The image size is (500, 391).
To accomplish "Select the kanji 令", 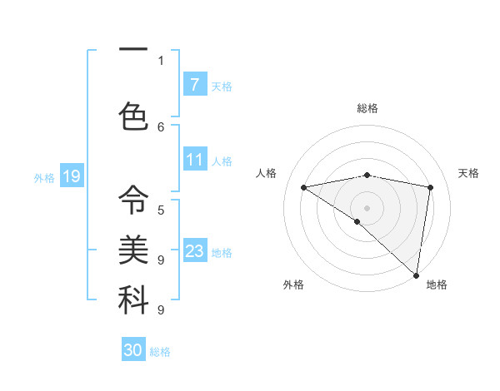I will coord(133,199).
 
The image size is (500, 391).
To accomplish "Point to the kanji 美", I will coord(133,249).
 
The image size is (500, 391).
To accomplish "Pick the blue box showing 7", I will coord(195,85).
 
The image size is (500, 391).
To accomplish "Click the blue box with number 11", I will coord(195,160).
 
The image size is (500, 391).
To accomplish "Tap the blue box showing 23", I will coord(195,251).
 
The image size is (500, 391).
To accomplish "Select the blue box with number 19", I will coord(72,176).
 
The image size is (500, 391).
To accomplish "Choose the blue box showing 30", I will coord(133,350).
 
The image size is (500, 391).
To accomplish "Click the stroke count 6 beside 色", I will coord(161,126).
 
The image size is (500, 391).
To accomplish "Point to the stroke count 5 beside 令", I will coord(161,210).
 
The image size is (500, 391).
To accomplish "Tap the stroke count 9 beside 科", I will coord(161,309).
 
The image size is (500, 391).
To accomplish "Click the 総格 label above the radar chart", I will coord(367,108).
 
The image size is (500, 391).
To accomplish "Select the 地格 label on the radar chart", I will coord(437,285).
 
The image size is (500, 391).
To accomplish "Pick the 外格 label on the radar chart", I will coord(293,285).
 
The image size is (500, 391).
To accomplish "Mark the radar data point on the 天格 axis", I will coord(430,187).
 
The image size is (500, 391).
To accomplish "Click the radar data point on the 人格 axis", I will coord(303,187).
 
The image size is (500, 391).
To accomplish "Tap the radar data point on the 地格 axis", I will coord(416,275).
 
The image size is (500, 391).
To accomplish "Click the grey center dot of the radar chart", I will coord(367,207).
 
